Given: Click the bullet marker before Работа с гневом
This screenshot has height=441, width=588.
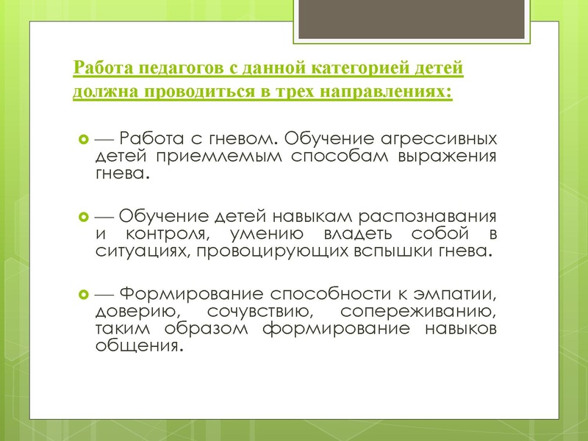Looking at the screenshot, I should (x=82, y=139).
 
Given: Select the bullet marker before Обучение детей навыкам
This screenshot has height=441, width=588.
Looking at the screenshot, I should (x=82, y=218).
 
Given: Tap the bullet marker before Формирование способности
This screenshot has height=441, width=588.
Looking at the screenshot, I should (x=82, y=294).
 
